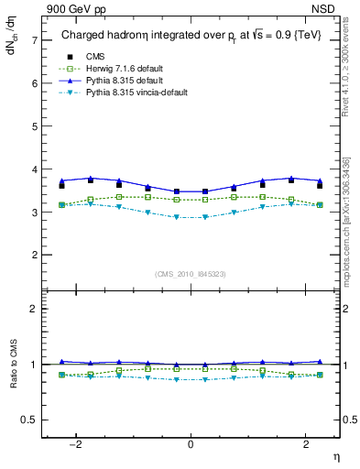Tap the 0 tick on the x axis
191,445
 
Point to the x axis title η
334,456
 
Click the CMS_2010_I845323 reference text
191,274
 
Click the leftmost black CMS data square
61,186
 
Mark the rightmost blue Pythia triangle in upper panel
319,180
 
